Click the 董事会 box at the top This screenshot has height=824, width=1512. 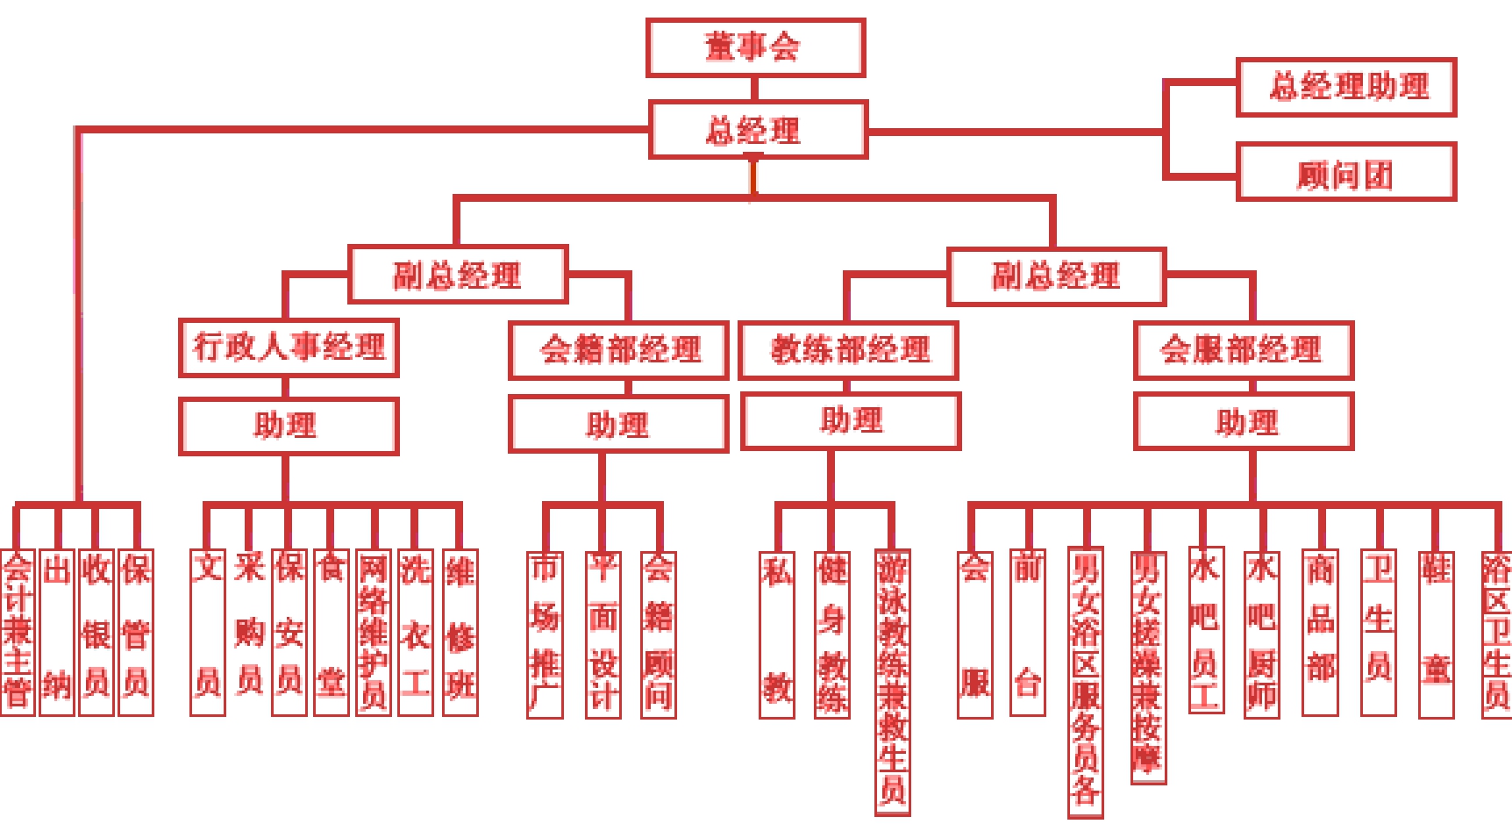point(755,47)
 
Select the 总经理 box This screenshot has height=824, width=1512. point(758,130)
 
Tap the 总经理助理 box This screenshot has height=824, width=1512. point(1345,87)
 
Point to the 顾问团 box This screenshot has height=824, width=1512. point(1345,172)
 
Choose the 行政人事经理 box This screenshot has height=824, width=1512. point(289,348)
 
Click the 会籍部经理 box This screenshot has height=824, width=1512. point(618,350)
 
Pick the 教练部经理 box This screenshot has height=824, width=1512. point(848,350)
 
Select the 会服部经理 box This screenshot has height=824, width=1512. point(1243,350)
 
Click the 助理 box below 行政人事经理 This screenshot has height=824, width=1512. point(289,426)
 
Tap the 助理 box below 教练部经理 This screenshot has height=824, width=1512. point(850,421)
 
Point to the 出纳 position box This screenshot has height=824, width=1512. point(57,632)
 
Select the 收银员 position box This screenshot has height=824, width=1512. point(96,632)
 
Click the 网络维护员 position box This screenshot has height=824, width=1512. point(374,632)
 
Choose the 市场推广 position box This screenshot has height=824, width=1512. point(545,634)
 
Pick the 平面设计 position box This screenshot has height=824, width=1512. point(603,634)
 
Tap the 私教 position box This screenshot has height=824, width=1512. point(777,634)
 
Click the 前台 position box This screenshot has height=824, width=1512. point(1027,632)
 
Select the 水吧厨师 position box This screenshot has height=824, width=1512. point(1261,634)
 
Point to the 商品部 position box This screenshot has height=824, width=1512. point(1320,632)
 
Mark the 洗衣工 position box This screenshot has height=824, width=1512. point(416,632)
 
